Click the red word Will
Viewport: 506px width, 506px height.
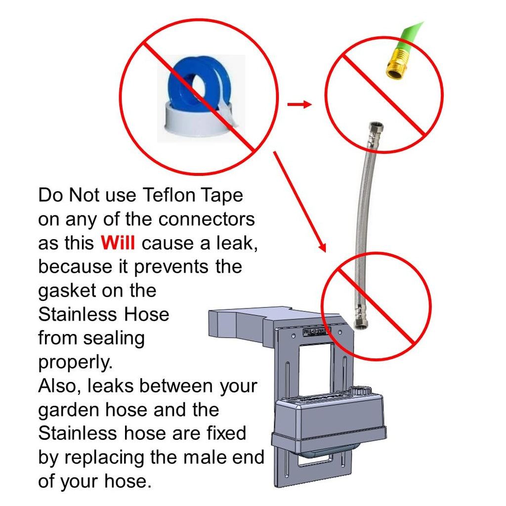118,243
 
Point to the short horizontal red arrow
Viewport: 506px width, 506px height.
299,104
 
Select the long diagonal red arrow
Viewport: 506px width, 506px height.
299,202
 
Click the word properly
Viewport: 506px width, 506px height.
76,363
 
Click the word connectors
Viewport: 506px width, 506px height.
207,219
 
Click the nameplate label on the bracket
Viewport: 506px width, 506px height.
317,332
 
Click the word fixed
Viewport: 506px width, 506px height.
226,433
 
